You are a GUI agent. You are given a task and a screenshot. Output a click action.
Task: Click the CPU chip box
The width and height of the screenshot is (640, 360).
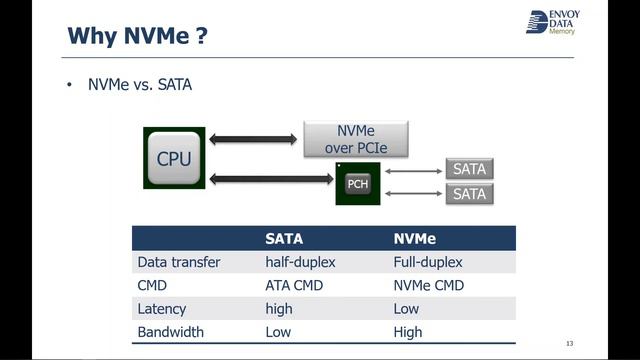click(174, 159)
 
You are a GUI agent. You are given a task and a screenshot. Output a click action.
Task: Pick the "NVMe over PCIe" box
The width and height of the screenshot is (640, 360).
click(356, 140)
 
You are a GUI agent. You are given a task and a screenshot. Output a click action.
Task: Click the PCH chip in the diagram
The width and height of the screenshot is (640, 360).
click(357, 184)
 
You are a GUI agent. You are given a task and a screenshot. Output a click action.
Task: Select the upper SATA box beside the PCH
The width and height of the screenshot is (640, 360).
click(469, 169)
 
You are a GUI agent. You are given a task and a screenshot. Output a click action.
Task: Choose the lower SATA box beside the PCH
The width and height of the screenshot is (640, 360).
click(469, 193)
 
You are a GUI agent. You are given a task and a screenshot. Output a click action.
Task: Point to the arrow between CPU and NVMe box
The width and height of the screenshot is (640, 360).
click(254, 139)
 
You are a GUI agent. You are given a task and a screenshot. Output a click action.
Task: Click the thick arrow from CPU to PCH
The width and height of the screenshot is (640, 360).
click(270, 179)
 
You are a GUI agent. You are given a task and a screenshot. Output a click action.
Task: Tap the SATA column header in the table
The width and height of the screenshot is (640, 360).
click(283, 239)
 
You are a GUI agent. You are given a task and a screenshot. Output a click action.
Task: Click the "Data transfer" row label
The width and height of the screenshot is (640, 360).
click(178, 263)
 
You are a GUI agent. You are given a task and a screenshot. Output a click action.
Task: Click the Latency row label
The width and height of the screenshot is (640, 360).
click(162, 309)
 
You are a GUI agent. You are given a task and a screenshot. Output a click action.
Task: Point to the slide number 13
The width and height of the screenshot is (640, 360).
click(569, 343)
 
